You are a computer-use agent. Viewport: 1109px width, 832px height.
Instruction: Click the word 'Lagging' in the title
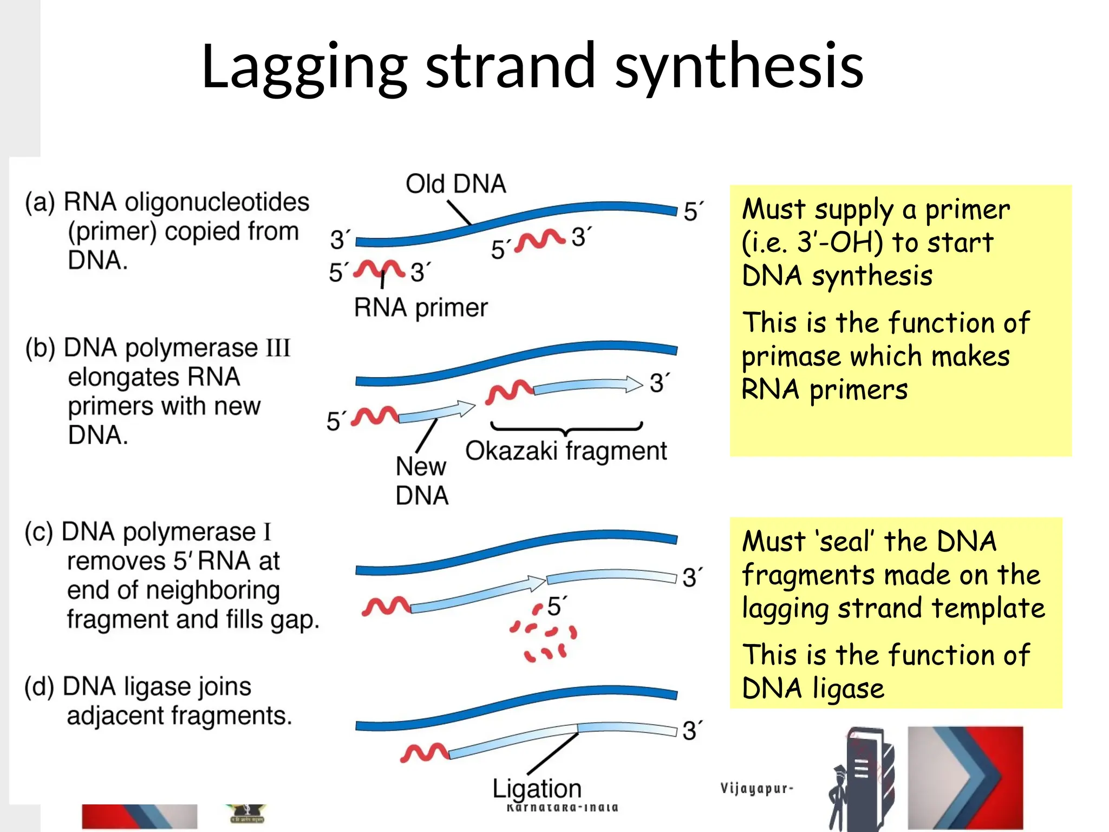pos(304,68)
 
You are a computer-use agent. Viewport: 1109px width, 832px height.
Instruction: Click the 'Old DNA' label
pos(455,184)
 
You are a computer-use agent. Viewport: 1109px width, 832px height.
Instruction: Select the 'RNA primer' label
pos(421,308)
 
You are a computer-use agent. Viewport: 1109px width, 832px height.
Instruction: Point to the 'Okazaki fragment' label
pos(566,451)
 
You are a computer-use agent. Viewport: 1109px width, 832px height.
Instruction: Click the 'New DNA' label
pos(422,480)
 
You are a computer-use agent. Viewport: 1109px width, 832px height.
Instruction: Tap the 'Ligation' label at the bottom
pos(537,789)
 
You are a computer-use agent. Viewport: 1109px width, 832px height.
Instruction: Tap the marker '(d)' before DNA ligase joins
pos(40,686)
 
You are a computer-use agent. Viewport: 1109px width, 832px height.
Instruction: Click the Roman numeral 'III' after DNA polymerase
pos(277,348)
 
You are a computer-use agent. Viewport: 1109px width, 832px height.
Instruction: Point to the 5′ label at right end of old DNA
pos(693,211)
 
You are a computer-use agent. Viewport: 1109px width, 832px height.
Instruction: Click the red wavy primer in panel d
pos(424,752)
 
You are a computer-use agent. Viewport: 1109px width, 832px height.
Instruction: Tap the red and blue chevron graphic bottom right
pos(966,777)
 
